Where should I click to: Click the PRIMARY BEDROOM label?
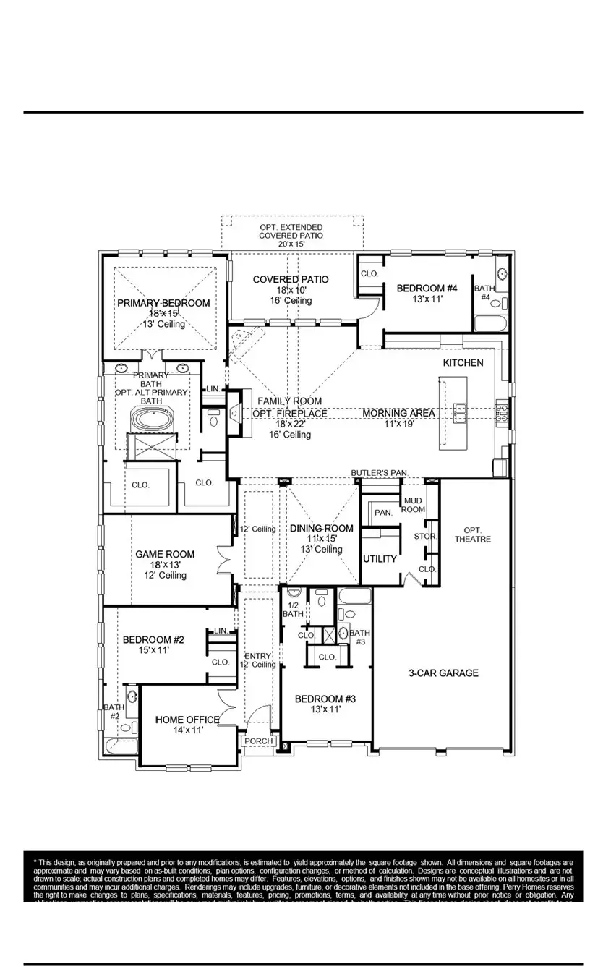163,303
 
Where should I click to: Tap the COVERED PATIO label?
291,279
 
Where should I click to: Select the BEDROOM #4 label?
427,289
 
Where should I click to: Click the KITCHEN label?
463,362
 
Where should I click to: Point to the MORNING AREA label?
398,413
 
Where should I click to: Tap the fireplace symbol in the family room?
235,413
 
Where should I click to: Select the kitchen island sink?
459,412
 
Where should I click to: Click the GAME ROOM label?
165,555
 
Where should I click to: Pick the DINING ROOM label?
322,529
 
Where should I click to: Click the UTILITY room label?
380,559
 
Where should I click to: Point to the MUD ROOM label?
414,505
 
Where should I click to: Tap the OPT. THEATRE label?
473,534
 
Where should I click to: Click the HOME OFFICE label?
187,720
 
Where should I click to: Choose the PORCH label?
257,741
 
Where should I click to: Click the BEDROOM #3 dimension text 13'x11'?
325,710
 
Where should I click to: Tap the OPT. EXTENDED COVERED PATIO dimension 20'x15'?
291,244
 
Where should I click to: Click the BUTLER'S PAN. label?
380,473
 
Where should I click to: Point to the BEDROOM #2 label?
153,640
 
